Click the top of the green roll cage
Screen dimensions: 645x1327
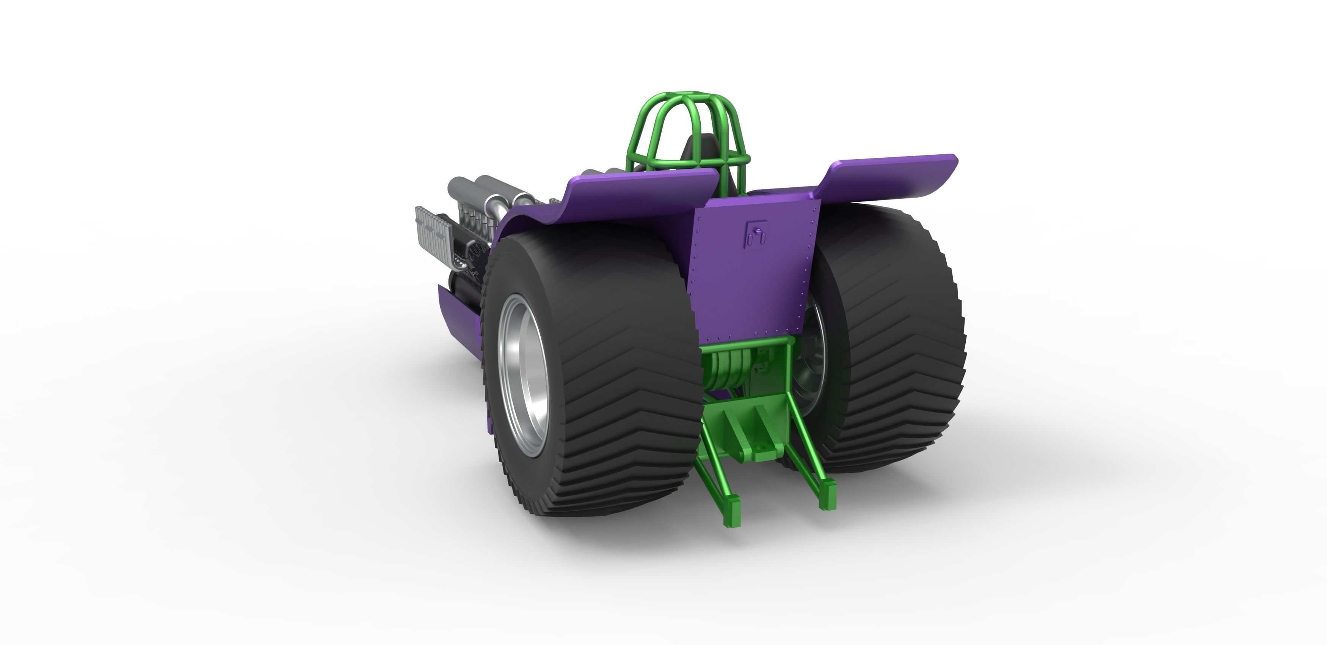tap(685, 98)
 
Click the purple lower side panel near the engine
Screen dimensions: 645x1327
tap(458, 314)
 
